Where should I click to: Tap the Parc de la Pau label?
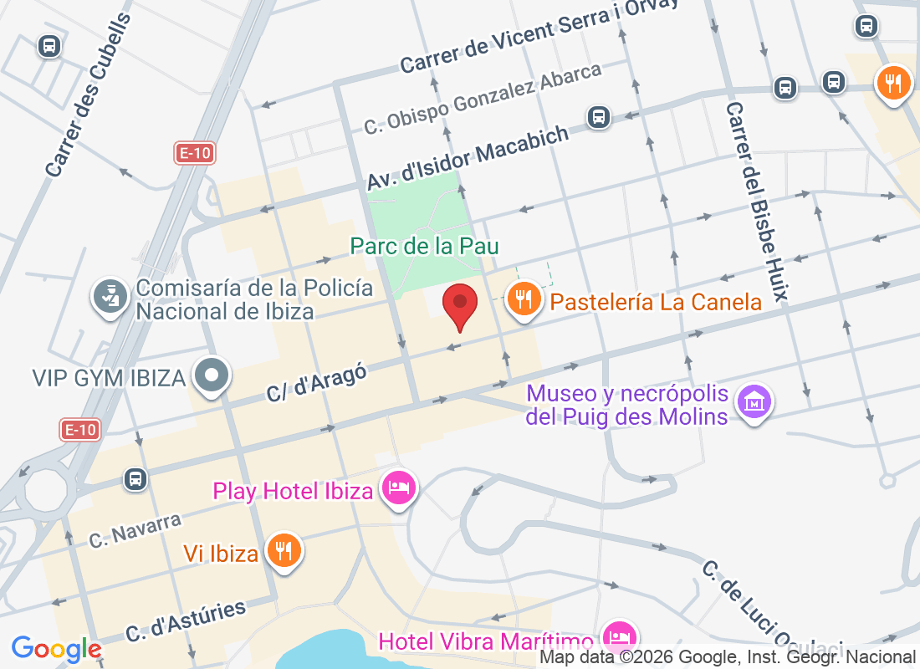point(425,246)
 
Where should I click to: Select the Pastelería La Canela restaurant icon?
point(524,299)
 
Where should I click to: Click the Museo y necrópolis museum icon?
point(755,403)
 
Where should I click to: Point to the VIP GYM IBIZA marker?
point(212,376)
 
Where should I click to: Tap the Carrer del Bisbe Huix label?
point(757,201)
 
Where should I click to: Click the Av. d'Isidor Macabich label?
point(468,157)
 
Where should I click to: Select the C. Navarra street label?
point(135,530)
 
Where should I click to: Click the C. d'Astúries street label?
point(186,620)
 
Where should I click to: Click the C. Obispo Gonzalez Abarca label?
point(483,99)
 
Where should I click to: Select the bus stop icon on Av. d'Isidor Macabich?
point(598,116)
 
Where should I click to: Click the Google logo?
point(57,649)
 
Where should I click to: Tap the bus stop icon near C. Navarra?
point(135,479)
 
